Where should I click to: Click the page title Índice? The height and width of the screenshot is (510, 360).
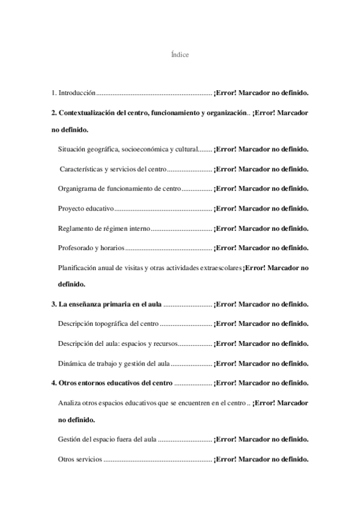tap(180, 55)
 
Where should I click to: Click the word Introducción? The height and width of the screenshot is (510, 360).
tap(77, 94)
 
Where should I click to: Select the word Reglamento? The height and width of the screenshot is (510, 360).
tap(75, 228)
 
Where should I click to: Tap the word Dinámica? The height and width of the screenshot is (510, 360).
tap(72, 363)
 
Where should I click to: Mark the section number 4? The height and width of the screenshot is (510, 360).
tap(53, 383)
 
